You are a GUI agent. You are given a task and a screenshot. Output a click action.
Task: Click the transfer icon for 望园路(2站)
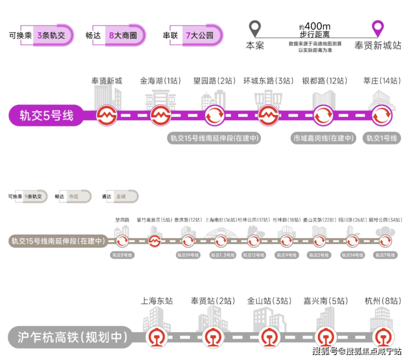214,116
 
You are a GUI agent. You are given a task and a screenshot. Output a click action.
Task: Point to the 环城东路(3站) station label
269,81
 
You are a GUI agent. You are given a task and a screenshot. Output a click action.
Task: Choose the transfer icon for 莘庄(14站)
382,116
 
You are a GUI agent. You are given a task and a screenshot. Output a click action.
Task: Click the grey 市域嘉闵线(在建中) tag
324,138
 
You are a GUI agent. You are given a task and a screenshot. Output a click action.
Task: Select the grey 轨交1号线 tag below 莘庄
382,138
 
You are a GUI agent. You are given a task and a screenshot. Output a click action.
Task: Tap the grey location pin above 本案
254,28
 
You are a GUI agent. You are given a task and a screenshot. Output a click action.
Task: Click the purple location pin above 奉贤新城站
378,28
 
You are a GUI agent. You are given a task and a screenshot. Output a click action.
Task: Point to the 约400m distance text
314,27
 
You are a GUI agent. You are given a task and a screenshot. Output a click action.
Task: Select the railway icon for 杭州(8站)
382,337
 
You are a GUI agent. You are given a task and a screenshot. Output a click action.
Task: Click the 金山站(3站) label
269,301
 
